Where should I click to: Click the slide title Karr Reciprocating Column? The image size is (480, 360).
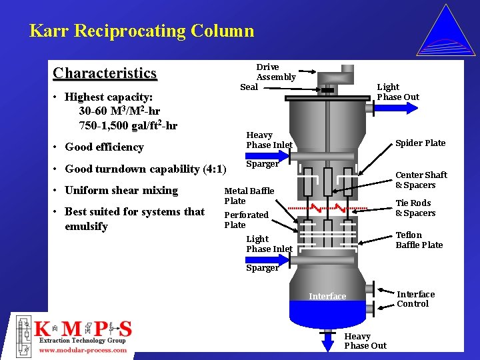click(141, 31)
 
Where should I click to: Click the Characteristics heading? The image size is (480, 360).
click(105, 73)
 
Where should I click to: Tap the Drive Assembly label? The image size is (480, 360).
click(276, 72)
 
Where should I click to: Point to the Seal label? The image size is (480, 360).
click(249, 87)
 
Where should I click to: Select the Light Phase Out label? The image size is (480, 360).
click(398, 92)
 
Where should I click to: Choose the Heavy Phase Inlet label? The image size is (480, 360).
click(269, 140)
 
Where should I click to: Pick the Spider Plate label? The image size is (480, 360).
click(420, 143)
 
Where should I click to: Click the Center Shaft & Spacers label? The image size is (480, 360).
click(421, 180)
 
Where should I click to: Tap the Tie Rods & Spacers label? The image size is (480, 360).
click(415, 208)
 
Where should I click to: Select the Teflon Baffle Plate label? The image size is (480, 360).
click(419, 240)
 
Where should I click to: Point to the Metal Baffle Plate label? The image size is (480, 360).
click(249, 196)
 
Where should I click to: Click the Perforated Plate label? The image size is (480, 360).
click(246, 220)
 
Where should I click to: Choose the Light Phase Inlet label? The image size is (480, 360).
click(269, 244)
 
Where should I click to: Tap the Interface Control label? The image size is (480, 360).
click(415, 299)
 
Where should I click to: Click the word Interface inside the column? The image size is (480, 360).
click(327, 297)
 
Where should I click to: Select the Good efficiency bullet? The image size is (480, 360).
click(104, 147)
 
